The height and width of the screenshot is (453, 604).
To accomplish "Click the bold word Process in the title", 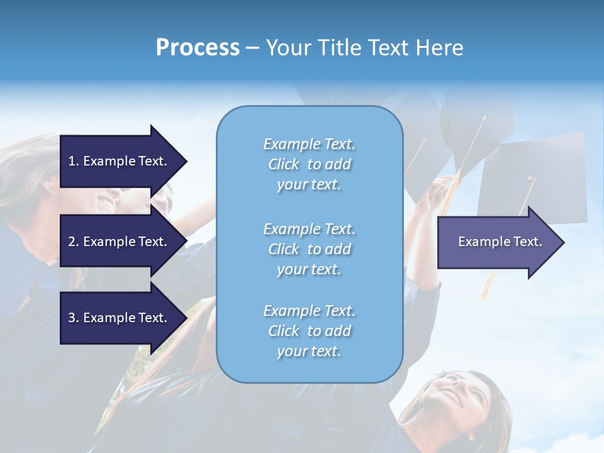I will [x=198, y=48].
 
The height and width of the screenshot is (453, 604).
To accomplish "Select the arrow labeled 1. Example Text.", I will [x=120, y=161].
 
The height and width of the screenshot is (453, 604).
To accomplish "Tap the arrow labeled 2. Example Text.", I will [x=120, y=242].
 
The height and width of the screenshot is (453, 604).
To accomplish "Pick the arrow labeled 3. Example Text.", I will [x=120, y=318].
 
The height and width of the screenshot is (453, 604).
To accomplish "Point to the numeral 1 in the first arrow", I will [x=72, y=161].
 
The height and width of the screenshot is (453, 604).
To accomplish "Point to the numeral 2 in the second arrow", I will [x=72, y=242].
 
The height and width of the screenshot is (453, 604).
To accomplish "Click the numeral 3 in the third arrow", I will [x=72, y=318].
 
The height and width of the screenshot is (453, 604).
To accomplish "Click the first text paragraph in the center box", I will [x=309, y=164].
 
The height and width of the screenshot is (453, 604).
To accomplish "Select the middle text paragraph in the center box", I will [x=309, y=249].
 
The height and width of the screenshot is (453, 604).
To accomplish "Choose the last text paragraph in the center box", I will [x=309, y=331].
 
